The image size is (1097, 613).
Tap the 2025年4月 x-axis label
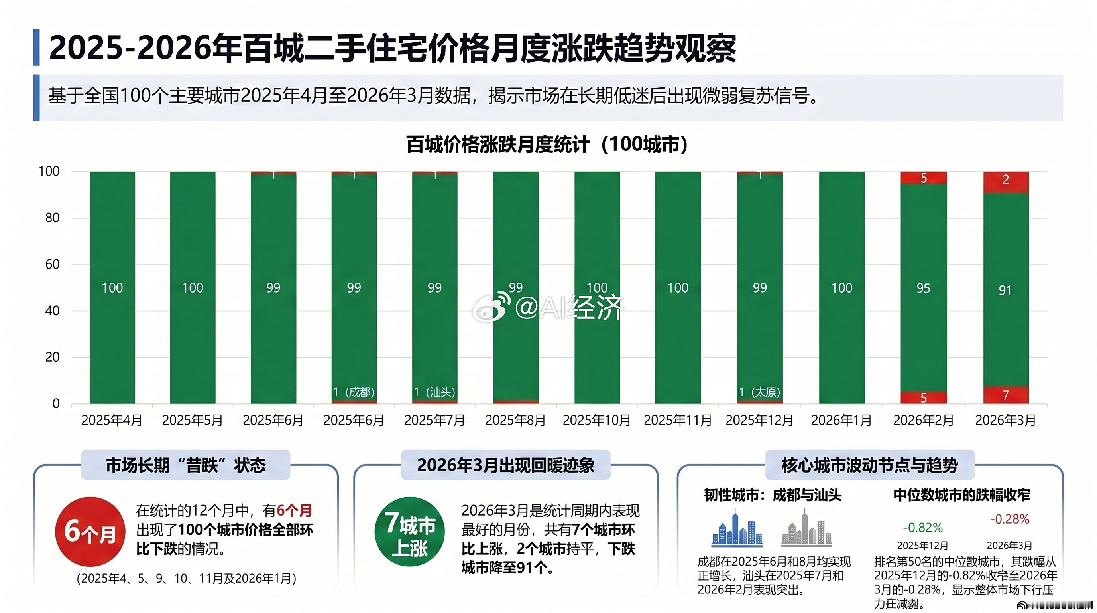(112, 420)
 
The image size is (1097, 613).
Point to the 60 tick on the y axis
(52, 264)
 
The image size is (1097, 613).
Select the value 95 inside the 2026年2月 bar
(923, 288)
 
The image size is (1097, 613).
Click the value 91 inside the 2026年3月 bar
(1005, 290)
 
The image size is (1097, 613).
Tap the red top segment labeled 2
(1005, 181)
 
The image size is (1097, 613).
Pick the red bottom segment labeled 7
(1005, 395)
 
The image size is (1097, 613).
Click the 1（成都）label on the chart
(354, 392)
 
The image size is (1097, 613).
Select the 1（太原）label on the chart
(759, 392)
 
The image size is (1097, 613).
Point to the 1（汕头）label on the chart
(434, 392)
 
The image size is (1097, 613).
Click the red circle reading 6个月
(90, 532)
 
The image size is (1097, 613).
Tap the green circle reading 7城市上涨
(409, 532)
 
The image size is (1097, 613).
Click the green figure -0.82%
(922, 528)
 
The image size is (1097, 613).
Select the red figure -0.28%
(1009, 519)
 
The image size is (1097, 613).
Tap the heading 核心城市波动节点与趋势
(870, 465)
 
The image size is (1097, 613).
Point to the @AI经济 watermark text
(569, 307)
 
